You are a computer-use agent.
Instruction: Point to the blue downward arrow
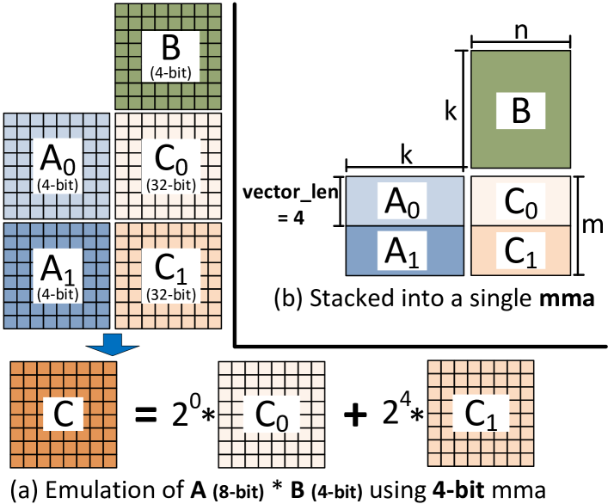[113, 344]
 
